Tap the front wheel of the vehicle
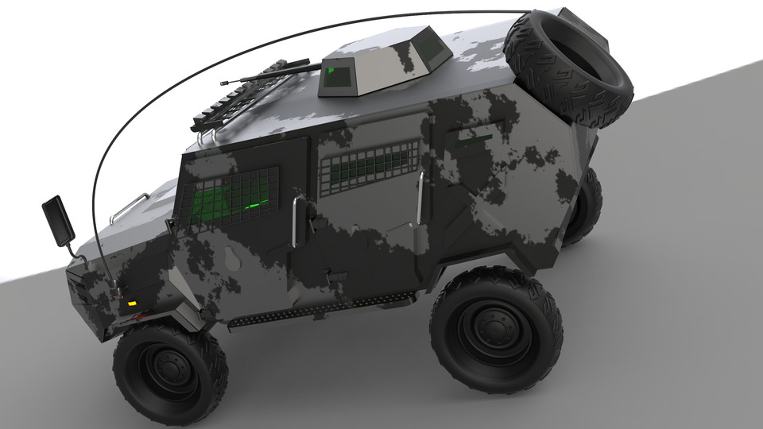(x=169, y=369)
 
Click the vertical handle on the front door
(x=296, y=222)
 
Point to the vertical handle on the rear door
(x=418, y=196)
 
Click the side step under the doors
(x=318, y=308)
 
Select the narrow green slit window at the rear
(x=475, y=141)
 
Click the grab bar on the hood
(x=130, y=207)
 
